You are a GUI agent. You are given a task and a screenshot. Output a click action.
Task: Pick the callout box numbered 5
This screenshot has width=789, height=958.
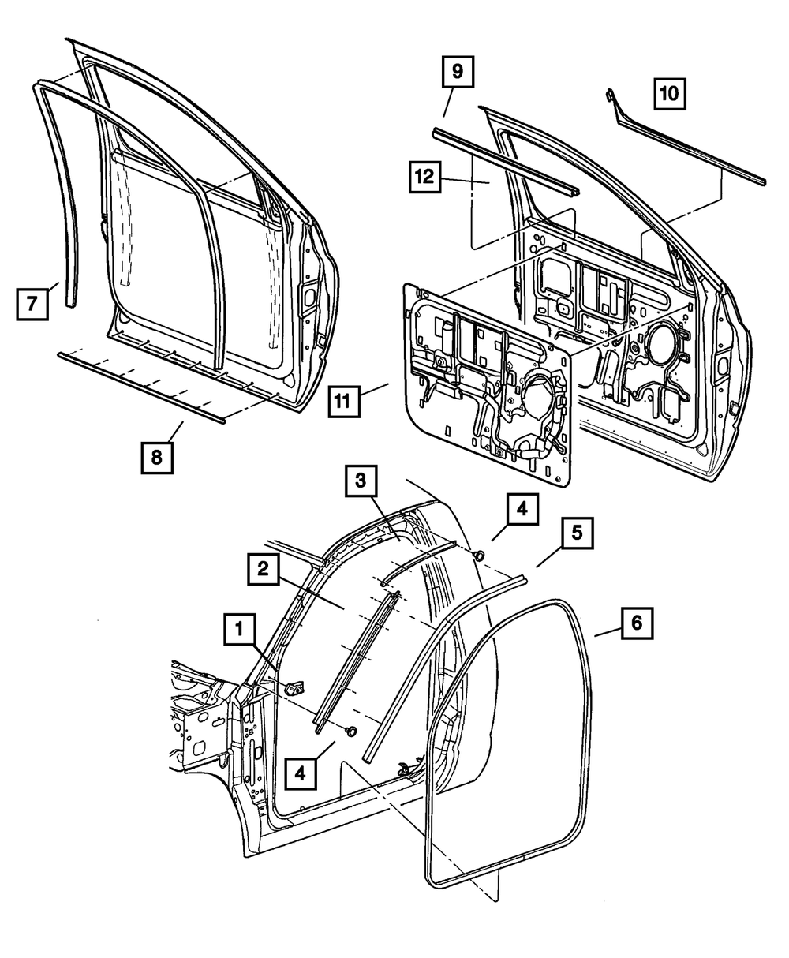578,533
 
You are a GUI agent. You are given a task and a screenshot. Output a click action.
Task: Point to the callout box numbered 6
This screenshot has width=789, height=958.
637,623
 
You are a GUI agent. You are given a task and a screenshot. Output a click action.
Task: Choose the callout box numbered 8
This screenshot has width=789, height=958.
158,457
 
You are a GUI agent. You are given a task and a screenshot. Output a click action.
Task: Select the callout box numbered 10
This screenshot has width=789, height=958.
668,94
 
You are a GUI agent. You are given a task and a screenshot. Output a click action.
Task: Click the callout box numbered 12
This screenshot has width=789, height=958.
425,177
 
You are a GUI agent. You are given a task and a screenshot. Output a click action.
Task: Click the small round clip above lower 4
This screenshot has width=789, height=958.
350,730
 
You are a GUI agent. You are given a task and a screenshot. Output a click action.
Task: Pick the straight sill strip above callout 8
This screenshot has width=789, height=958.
142,387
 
